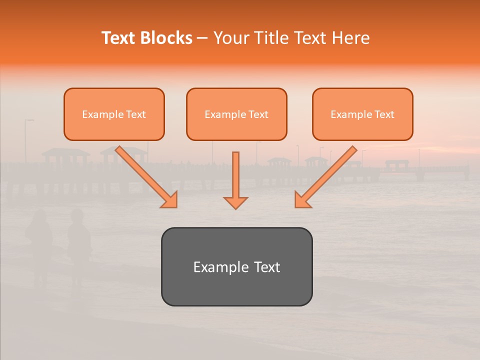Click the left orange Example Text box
pos(114,114)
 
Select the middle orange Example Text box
pos(236,114)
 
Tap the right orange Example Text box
pos(362,114)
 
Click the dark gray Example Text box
pos(236,266)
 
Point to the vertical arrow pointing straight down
pos(235,177)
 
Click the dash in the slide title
pos(202,38)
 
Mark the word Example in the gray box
pos(220,267)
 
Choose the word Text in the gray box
pos(267,267)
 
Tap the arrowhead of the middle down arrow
pos(235,202)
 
